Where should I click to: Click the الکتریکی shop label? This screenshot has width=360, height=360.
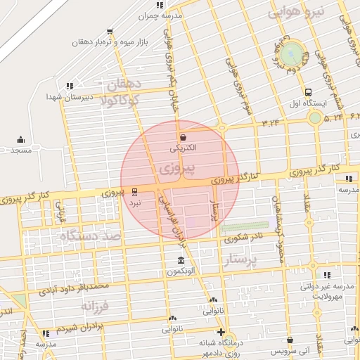coord(184,148)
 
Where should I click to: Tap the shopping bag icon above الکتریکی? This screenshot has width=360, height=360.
coord(184,137)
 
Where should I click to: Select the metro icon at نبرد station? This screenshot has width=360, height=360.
coord(134,191)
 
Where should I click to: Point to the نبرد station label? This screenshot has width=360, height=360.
coord(134,202)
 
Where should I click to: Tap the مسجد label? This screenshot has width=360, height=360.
coord(21,150)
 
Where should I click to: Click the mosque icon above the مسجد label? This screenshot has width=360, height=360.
coord(20,139)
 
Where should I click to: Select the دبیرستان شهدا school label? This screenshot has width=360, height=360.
coord(70,97)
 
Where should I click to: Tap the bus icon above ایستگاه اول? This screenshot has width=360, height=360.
coord(309,92)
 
